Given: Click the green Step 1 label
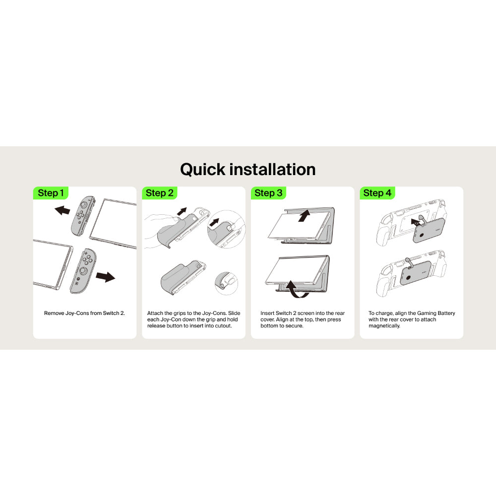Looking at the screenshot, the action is (51, 193).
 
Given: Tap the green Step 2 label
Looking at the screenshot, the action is (159, 193).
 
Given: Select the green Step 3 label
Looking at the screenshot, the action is (268, 193).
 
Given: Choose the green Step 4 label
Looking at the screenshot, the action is (377, 193).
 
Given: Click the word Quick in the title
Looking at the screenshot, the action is (203, 170).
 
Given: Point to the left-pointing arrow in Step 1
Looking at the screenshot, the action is (62, 210).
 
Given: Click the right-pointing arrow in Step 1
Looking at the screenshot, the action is (105, 277).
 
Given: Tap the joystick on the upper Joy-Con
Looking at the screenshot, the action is (84, 205).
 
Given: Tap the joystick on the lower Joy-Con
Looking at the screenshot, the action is (84, 271).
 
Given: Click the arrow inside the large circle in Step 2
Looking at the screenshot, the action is (214, 222).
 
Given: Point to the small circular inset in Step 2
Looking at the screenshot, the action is (226, 283).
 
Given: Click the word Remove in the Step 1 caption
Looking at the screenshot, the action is (54, 313).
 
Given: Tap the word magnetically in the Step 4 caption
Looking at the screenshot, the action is (384, 326).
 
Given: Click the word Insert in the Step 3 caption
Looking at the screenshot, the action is (268, 313).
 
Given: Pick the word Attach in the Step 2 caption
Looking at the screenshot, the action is (155, 313).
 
